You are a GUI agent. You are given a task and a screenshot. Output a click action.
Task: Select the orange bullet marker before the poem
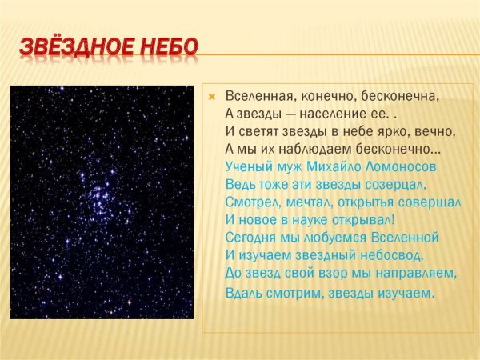pyautogui.click(x=212, y=97)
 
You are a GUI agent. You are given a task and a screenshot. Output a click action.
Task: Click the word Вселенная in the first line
pyautogui.click(x=258, y=96)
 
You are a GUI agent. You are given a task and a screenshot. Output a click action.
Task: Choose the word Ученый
pyautogui.click(x=250, y=167)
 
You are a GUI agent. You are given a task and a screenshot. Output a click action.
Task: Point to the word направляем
pyautogui.click(x=417, y=273)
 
